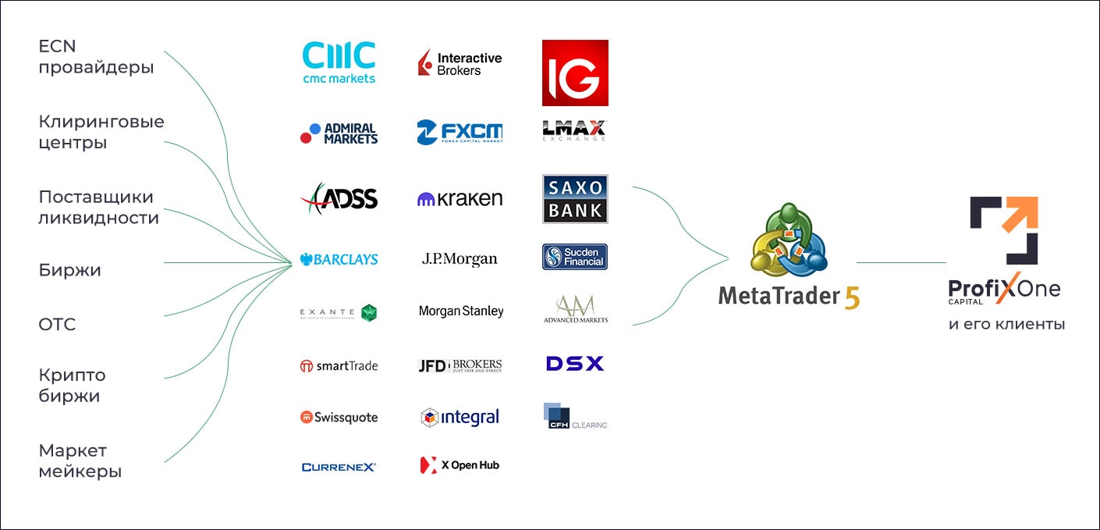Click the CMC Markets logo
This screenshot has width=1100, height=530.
pos(339,62)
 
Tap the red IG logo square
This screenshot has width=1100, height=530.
pos(575,73)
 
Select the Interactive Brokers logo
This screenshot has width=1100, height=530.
pos(460,63)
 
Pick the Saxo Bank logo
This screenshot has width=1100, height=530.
pos(575,199)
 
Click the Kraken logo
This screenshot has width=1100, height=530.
pos(460,199)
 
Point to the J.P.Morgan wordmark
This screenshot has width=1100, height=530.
pos(460,259)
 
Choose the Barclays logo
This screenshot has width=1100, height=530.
pos(339,259)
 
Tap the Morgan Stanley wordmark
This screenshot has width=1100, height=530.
pos(460,311)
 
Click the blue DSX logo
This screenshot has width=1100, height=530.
pos(575,364)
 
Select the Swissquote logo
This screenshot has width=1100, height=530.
pos(339,418)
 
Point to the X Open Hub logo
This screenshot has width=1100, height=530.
pos(460,465)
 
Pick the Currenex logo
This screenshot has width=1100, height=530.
pos(339,467)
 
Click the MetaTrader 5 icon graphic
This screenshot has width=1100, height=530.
pos(789,241)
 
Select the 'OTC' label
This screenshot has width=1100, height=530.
pos(57,325)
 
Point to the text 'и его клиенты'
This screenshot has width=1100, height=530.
pos(1006,324)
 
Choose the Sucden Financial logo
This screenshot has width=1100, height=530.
pos(575,257)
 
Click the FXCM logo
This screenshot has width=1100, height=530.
pos(460,133)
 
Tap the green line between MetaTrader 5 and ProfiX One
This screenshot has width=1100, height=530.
pos(901,263)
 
